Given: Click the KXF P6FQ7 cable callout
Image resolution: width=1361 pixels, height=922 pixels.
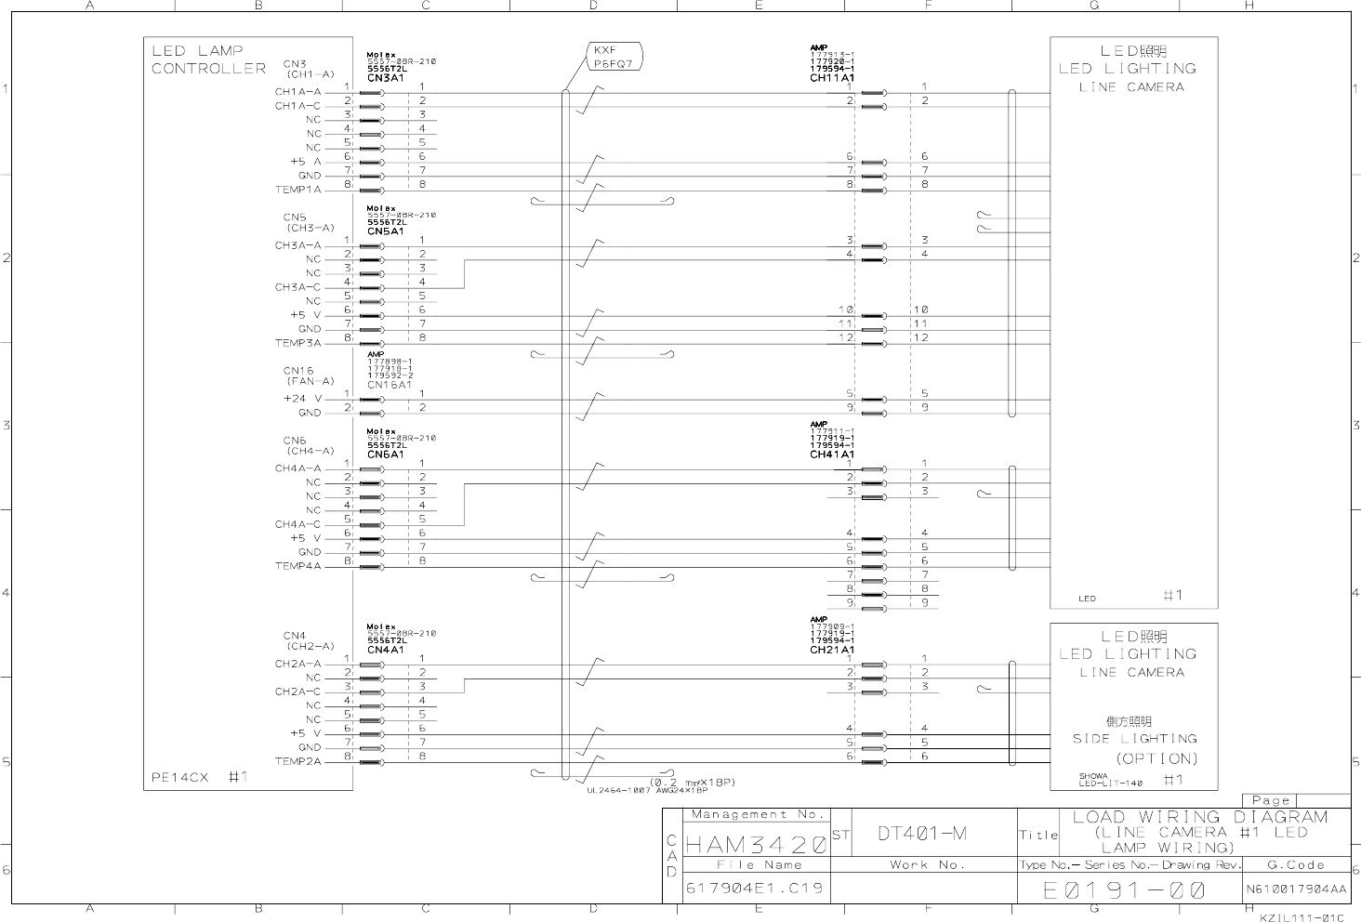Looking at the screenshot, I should click(613, 58).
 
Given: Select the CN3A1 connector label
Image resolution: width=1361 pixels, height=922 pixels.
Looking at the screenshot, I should click(385, 78).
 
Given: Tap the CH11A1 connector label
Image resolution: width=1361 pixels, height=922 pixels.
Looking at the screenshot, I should click(831, 78).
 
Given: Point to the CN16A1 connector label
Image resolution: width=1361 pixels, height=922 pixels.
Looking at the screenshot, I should click(389, 385).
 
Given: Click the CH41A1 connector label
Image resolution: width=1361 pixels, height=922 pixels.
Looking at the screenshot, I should click(831, 454).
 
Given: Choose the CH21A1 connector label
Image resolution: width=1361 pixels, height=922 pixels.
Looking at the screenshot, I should click(831, 650).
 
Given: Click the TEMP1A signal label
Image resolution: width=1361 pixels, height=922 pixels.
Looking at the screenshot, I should click(297, 190).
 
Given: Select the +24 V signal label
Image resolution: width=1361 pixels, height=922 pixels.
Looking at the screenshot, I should click(302, 399).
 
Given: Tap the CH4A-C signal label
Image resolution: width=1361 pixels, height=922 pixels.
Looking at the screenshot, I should click(297, 524).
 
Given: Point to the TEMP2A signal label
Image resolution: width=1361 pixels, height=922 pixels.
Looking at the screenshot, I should click(297, 761).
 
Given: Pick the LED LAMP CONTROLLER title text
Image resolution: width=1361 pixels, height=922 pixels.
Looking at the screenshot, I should click(208, 59).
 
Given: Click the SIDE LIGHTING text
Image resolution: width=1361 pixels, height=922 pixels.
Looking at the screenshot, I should click(1134, 739).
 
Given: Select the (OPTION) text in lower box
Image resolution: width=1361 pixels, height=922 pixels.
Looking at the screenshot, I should click(1156, 758).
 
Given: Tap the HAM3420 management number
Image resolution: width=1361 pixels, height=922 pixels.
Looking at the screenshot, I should click(756, 845).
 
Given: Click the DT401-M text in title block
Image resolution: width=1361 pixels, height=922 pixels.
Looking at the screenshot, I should click(922, 834).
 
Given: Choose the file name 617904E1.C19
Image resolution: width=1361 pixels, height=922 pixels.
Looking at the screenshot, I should click(754, 889).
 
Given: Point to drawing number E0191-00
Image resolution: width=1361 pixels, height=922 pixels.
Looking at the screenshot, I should click(1125, 890).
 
